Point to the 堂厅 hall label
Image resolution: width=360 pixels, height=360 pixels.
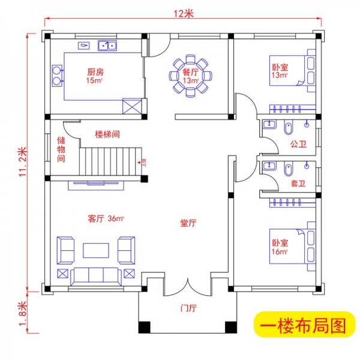click(188, 223)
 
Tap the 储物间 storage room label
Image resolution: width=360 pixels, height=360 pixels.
click(61, 149)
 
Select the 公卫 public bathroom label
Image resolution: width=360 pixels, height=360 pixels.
click(298, 145)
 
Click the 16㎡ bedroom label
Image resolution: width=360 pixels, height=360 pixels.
click(279, 248)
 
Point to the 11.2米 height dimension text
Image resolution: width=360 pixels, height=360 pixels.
click(23, 160)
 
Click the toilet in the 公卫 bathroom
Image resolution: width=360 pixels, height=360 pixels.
click(288, 128)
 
